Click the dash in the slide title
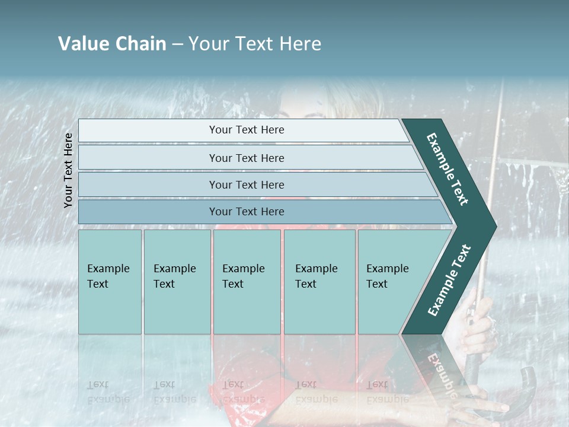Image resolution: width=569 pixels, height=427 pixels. click(x=177, y=44)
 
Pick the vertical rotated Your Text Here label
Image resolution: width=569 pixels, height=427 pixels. click(x=68, y=170)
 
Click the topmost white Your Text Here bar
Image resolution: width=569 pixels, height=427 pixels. click(x=246, y=130)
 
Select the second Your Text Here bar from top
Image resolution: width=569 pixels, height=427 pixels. click(x=246, y=158)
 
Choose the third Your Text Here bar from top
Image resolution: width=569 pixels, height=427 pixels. click(x=246, y=184)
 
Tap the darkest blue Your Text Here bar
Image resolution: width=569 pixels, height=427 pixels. click(x=246, y=212)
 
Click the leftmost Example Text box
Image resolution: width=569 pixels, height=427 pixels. click(x=110, y=282)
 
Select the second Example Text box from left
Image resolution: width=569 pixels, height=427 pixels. click(x=177, y=282)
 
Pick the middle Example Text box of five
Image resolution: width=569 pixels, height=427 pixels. click(x=247, y=282)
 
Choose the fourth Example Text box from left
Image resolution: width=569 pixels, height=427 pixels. click(x=319, y=282)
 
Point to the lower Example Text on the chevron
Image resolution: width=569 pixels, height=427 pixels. click(x=449, y=280)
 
